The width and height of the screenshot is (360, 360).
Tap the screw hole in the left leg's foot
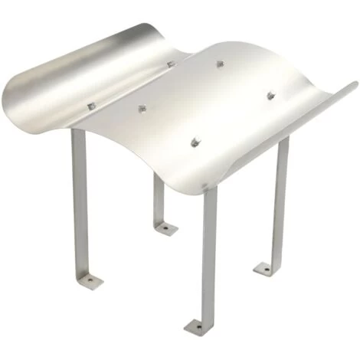[90, 281]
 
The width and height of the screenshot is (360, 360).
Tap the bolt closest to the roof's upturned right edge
[270, 95]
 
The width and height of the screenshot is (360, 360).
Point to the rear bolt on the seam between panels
[172, 64]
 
